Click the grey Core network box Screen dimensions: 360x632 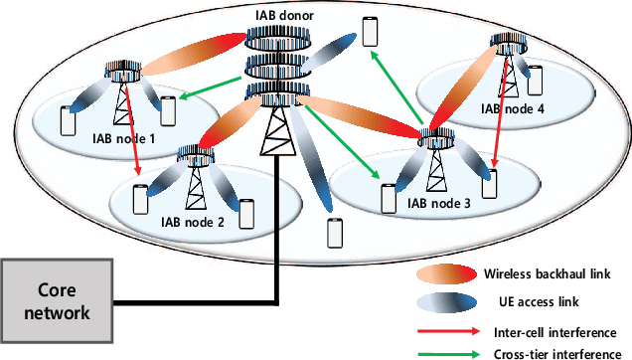coord(58,298)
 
